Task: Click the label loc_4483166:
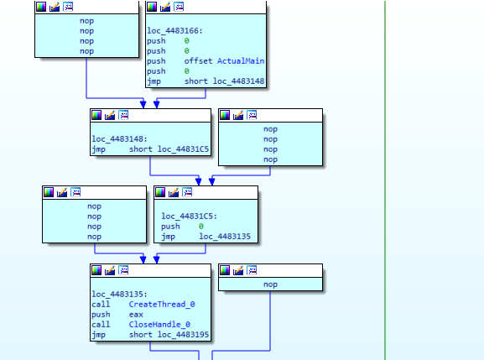click(x=174, y=31)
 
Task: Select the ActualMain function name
click(x=241, y=61)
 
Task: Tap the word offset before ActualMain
click(x=198, y=61)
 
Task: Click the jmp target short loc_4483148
click(x=225, y=81)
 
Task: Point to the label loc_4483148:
click(x=119, y=139)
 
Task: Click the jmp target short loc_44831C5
click(x=169, y=149)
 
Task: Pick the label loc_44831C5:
click(x=190, y=217)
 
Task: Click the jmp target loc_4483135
click(x=225, y=237)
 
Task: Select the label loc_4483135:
click(x=119, y=295)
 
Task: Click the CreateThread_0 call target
click(x=162, y=305)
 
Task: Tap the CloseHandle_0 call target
click(x=159, y=325)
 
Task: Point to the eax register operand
click(x=136, y=315)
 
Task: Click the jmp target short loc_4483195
click(x=169, y=335)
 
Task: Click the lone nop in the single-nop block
click(x=270, y=284)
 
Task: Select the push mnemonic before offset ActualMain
click(x=156, y=61)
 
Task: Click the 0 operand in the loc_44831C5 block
click(x=201, y=227)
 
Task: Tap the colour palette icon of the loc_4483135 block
click(x=96, y=270)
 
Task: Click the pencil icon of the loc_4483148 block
click(x=110, y=115)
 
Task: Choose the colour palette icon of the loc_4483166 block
click(x=152, y=7)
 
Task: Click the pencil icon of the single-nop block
click(x=238, y=270)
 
